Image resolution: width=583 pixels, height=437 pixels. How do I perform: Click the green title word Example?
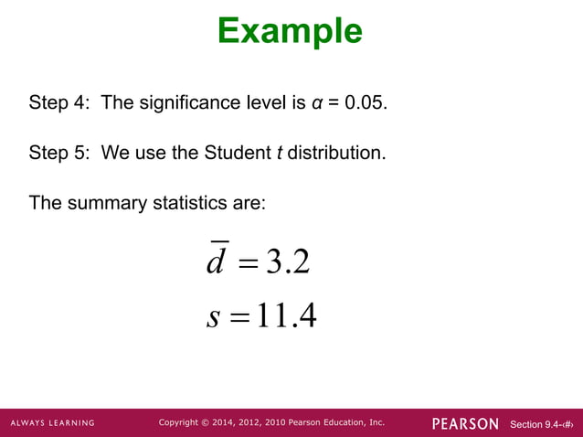[290, 31]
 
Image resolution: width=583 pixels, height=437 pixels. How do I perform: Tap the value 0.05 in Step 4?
[365, 102]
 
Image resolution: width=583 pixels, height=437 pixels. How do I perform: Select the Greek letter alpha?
[313, 103]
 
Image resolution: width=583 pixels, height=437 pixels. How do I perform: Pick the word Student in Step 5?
[236, 153]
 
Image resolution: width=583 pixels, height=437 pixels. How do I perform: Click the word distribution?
[334, 153]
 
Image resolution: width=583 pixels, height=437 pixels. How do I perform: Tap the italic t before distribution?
[278, 153]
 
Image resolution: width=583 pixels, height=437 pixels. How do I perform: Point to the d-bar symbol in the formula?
[217, 261]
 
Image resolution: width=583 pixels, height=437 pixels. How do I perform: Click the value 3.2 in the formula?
[287, 263]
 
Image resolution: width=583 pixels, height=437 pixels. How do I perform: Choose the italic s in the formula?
[214, 316]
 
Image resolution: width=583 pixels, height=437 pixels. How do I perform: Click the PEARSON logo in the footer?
[465, 423]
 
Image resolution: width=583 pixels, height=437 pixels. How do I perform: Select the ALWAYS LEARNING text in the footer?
[53, 423]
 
